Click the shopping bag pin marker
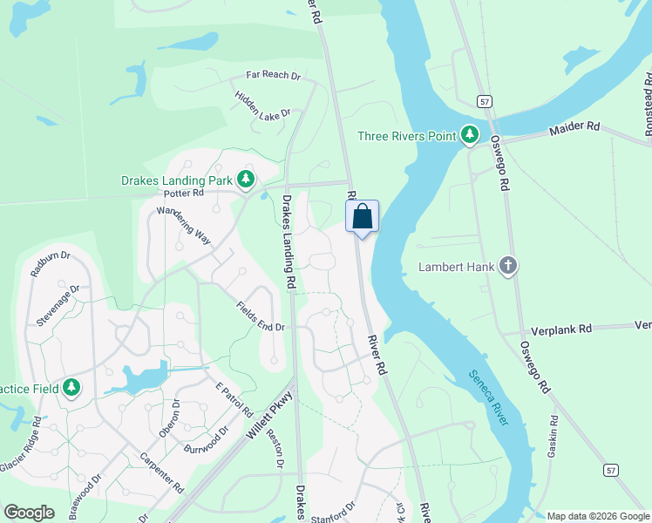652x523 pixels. pos(363,216)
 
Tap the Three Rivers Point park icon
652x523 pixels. pos(471,135)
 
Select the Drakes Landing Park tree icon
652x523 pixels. pos(246,180)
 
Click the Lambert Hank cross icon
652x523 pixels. pos(508,267)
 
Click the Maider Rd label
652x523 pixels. pos(574,128)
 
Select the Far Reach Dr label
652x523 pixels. pos(273,76)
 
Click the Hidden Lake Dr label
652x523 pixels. pos(261,102)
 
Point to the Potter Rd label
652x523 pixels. pos(183,192)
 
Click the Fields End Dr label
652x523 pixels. pos(260,316)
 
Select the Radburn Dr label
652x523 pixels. pos(48,263)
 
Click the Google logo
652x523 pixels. pos(29,513)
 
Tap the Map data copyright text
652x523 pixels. pos(598,516)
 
